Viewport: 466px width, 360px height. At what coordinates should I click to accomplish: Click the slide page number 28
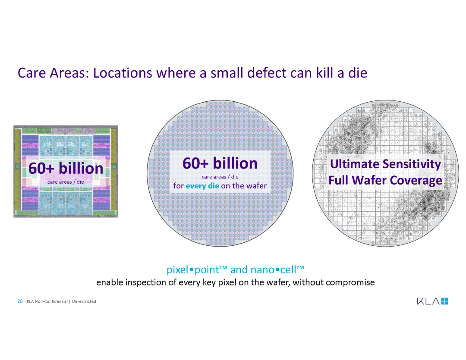click(x=20, y=301)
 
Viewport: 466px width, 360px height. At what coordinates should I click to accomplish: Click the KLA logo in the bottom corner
click(x=432, y=301)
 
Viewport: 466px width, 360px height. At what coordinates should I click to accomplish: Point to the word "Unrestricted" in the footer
click(x=84, y=301)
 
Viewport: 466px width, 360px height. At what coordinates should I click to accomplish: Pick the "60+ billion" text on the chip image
click(x=66, y=168)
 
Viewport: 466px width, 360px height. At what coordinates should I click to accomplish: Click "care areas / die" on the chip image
click(x=66, y=182)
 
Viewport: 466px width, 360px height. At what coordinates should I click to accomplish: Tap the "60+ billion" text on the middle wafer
click(x=220, y=163)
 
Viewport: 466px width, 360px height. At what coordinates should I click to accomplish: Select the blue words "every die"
click(x=202, y=186)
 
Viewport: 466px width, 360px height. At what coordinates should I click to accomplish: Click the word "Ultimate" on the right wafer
click(x=355, y=164)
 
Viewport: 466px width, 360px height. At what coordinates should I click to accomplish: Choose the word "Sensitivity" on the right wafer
click(x=412, y=164)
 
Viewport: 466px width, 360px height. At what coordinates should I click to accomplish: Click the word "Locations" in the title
click(x=123, y=73)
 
